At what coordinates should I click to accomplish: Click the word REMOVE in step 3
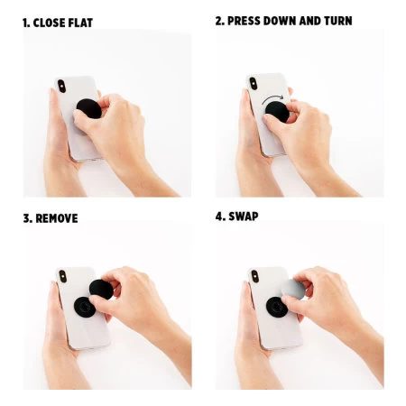[x=56, y=217]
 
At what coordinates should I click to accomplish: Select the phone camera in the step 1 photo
[x=61, y=86]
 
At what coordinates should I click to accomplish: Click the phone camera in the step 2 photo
[x=252, y=85]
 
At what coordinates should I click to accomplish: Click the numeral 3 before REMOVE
[x=25, y=217]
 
